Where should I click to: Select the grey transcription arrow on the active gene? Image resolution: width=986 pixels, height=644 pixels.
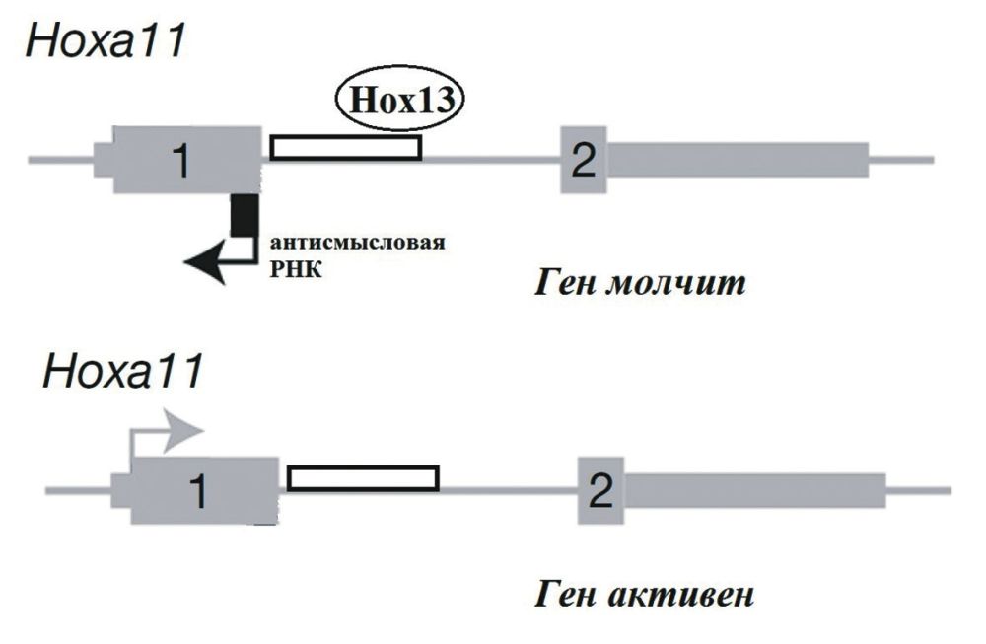click(x=182, y=431)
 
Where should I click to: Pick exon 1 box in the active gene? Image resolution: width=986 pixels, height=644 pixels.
click(x=202, y=490)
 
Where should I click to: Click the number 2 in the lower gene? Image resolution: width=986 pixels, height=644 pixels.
click(x=601, y=490)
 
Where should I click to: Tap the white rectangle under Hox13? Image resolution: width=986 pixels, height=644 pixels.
click(x=346, y=147)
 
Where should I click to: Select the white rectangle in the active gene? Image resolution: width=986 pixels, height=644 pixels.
click(x=363, y=478)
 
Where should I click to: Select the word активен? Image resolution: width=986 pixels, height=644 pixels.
click(x=691, y=595)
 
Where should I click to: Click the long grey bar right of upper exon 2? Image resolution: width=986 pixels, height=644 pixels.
click(x=738, y=159)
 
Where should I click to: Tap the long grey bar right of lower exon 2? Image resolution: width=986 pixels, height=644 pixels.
click(x=754, y=490)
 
